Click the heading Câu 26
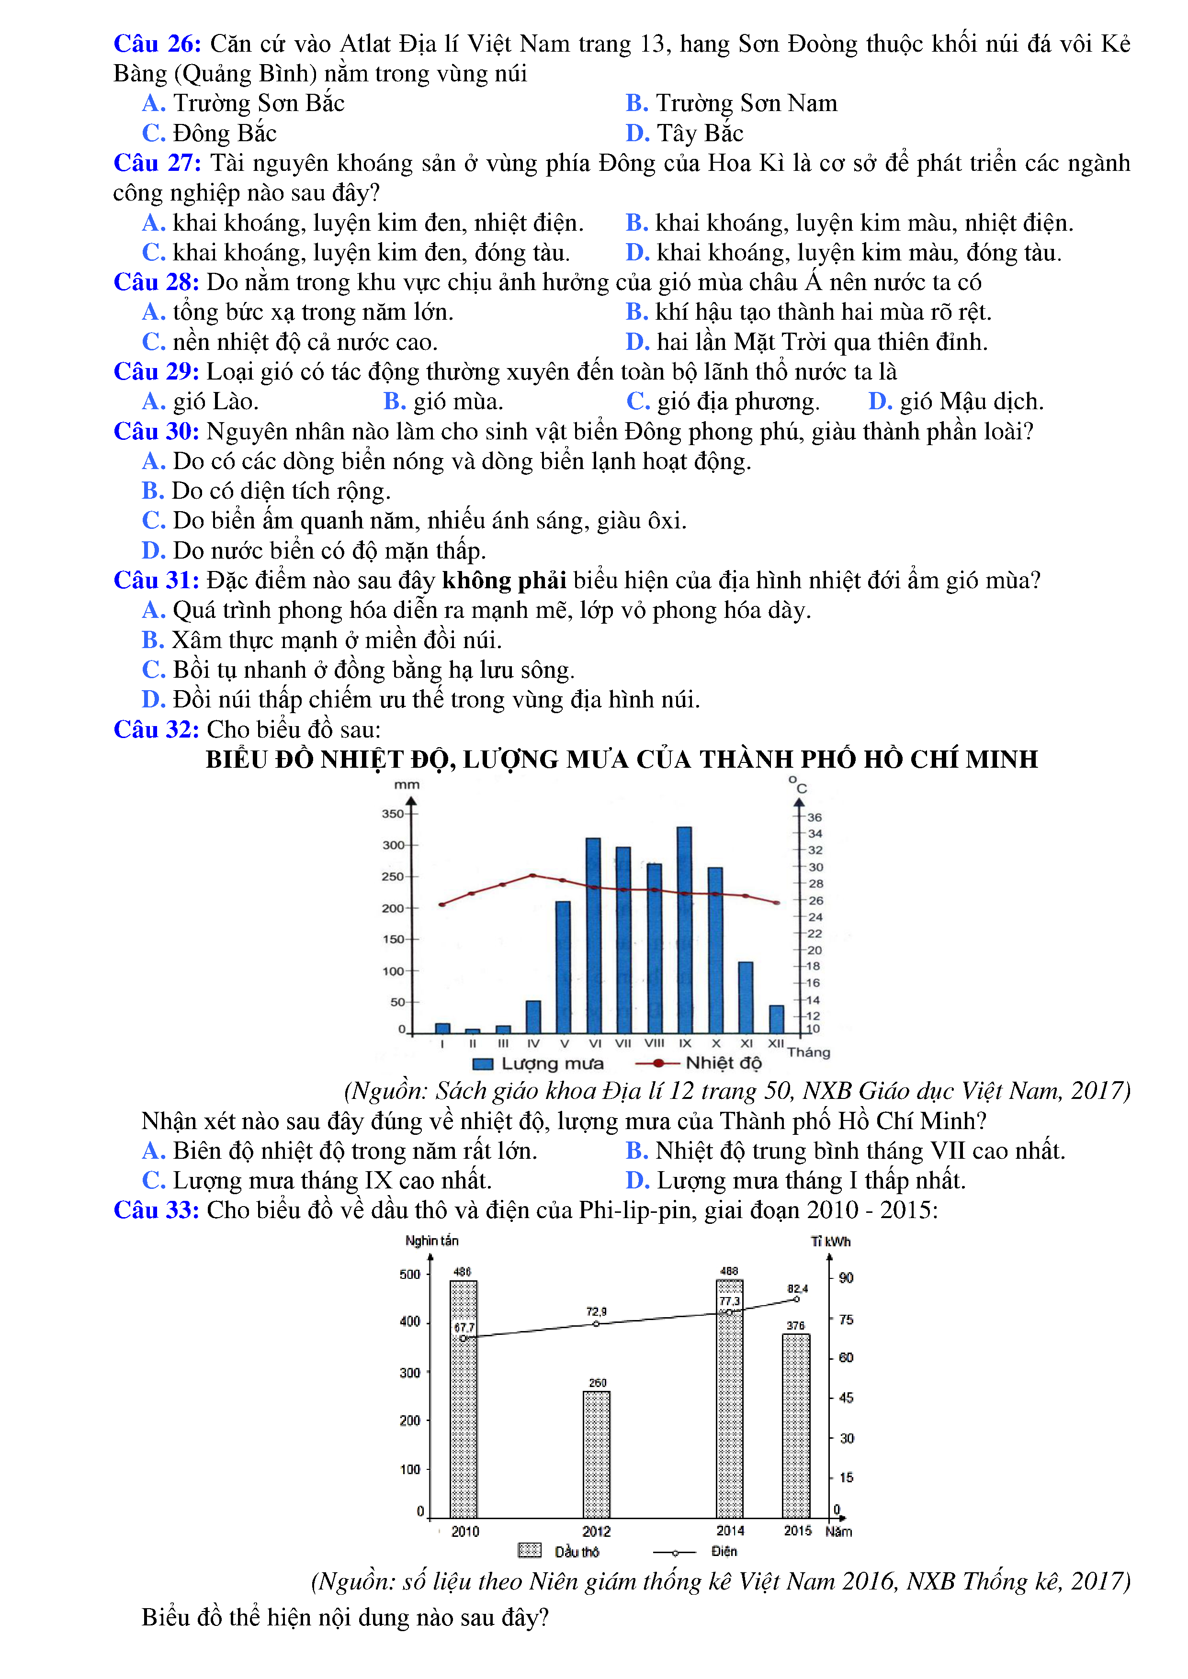coord(157,44)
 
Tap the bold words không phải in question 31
coord(504,581)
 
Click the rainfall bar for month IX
coord(684,929)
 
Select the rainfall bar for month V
coord(563,967)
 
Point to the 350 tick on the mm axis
coord(393,813)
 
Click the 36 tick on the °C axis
coord(814,817)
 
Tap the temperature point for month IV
coord(532,875)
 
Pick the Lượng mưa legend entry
coord(538,1063)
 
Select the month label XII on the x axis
coord(776,1043)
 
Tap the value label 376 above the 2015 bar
coord(795,1326)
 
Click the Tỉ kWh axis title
coord(830,1242)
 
